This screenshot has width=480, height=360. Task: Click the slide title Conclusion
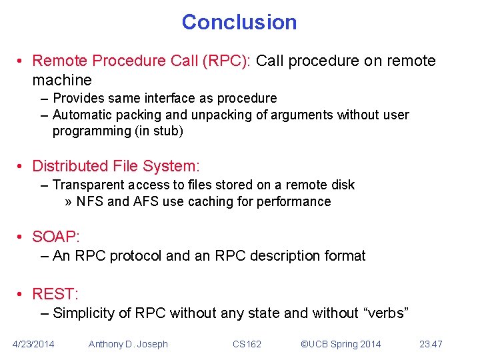tap(239, 22)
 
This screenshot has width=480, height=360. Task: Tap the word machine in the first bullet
tap(62, 80)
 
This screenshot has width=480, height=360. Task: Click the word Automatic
tap(82, 115)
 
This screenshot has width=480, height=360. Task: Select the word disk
tap(342, 185)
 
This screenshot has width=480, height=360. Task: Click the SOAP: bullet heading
tap(55, 237)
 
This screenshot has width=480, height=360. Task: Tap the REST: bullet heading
tap(55, 293)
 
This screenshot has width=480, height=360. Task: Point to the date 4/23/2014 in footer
tap(34, 344)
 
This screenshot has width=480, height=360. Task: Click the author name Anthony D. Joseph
tap(128, 344)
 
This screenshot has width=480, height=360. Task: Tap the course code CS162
tap(247, 344)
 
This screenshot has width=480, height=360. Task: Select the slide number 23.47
tap(431, 344)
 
